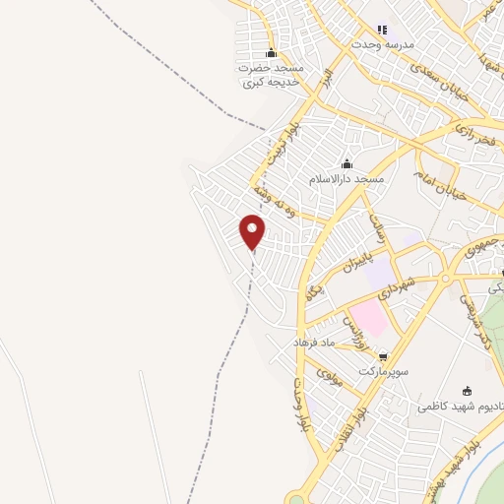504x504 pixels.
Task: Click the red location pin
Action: tap(253, 230)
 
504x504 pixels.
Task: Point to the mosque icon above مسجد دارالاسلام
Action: tap(346, 164)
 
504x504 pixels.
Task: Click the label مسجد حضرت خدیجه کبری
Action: tap(270, 75)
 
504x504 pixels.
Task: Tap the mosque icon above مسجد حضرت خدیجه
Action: tap(271, 53)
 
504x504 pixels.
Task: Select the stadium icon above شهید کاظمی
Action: tap(466, 390)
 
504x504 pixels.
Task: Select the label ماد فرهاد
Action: tap(315, 341)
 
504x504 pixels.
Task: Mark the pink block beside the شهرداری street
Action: tap(365, 318)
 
